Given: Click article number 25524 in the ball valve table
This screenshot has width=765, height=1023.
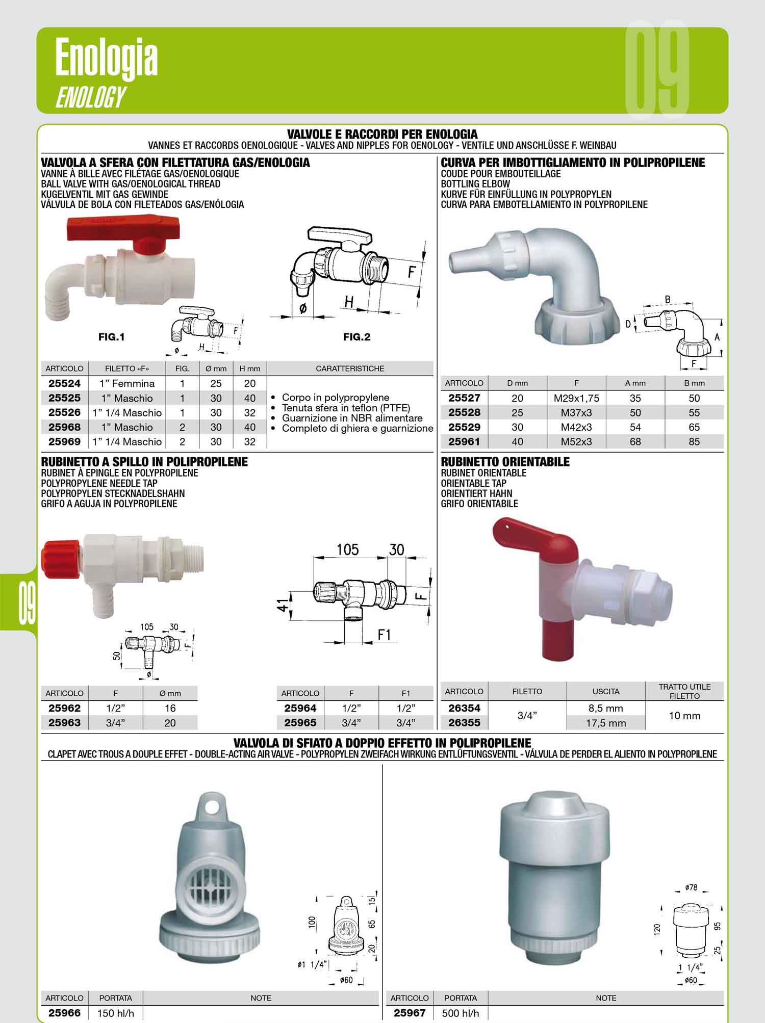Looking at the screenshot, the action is (x=64, y=383).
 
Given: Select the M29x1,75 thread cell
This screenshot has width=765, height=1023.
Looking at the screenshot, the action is (x=576, y=398).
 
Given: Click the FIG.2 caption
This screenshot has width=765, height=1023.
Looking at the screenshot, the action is (x=356, y=337).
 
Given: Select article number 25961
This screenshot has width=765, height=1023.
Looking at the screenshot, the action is (x=464, y=441).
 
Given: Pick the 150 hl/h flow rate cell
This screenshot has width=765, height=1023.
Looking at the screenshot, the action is (x=115, y=1013).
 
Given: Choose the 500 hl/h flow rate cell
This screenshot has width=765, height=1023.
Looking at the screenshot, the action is (x=461, y=1013).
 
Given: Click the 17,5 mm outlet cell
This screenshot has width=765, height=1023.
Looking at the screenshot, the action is (x=606, y=723).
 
